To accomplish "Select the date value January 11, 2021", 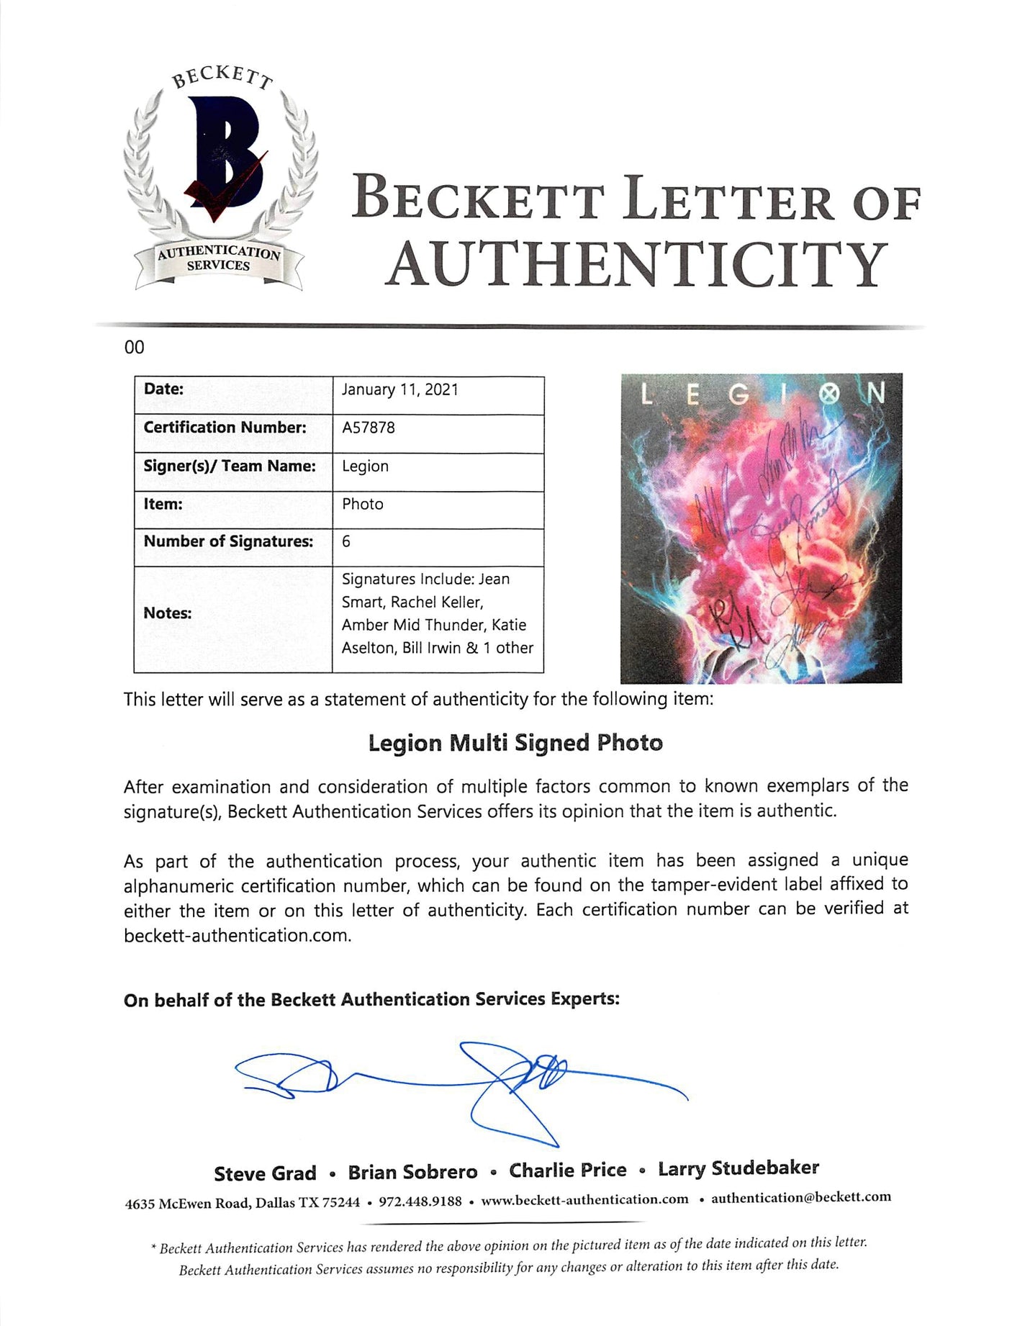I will click(399, 390).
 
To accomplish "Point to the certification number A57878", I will click(369, 428).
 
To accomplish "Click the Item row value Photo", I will click(363, 504).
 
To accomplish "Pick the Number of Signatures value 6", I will click(346, 541).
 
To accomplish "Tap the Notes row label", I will click(167, 613).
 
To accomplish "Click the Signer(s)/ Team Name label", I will click(230, 466).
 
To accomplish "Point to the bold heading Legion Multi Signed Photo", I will click(515, 743).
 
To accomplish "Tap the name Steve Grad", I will click(265, 1174).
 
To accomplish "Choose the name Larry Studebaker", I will click(738, 1168).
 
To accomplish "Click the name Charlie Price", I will click(568, 1171).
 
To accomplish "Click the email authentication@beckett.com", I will click(801, 1197).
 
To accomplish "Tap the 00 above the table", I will click(135, 348).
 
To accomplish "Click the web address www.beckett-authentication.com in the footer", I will click(584, 1199).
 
